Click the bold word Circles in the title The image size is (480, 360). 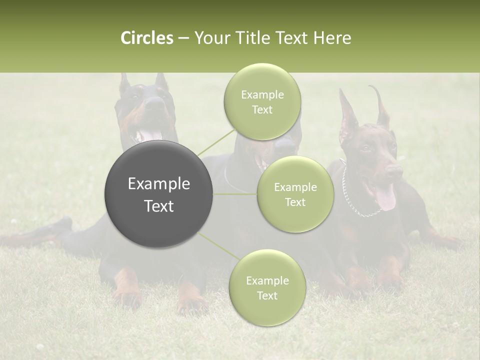(x=146, y=37)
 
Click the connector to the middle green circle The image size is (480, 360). (x=235, y=194)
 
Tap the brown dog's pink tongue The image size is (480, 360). (x=385, y=198)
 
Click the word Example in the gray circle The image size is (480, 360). (x=159, y=184)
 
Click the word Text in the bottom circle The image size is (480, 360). (x=267, y=295)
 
